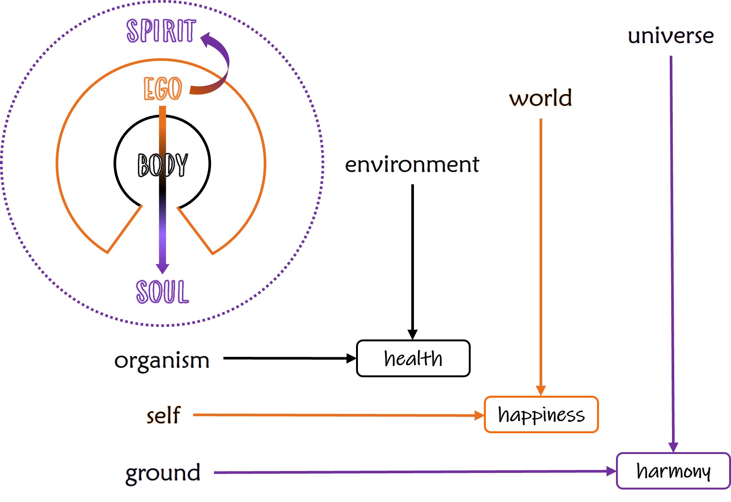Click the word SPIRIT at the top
click(161, 31)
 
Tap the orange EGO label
click(163, 89)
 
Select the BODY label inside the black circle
click(163, 165)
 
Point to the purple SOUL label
click(163, 291)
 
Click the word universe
click(670, 36)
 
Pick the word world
click(540, 98)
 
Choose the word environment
click(412, 164)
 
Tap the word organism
click(162, 360)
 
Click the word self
click(163, 415)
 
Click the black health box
click(413, 358)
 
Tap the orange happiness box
click(541, 415)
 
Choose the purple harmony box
click(673, 471)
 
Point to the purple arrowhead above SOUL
click(163, 268)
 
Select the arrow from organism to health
click(288, 358)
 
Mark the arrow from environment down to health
click(412, 257)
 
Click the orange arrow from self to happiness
click(337, 415)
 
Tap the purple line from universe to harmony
click(672, 249)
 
